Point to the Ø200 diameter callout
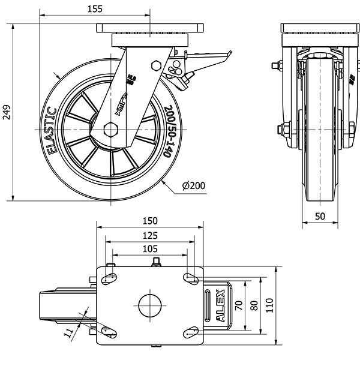193,186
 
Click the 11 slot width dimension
69,331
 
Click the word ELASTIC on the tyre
50,130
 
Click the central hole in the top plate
150,305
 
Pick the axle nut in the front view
283,129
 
